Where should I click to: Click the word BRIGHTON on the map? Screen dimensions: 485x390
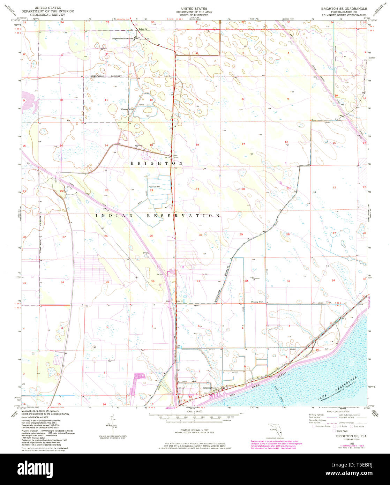[x=157, y=163]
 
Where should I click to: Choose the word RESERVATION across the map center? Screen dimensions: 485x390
[x=182, y=216]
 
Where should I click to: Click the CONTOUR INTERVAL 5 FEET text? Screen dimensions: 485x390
[x=195, y=431]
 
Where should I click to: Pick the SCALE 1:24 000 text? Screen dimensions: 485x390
[x=195, y=412]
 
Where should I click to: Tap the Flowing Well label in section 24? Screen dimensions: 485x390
[x=154, y=187]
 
